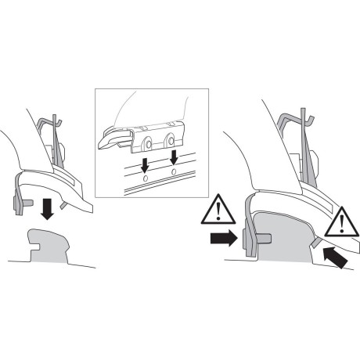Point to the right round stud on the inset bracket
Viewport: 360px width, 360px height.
point(171,142)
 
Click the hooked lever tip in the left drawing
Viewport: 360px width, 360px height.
point(56,121)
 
